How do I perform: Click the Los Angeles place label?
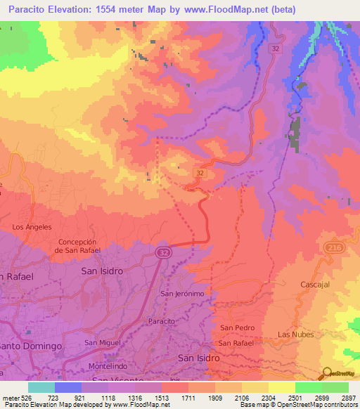coord(32,227)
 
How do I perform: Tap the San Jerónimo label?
coord(182,293)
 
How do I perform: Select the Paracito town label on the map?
coord(162,319)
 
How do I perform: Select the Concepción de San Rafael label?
coord(79,246)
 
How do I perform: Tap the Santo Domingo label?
coord(32,346)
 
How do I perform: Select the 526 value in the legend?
coord(27,398)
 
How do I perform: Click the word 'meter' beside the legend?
coord(10,398)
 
